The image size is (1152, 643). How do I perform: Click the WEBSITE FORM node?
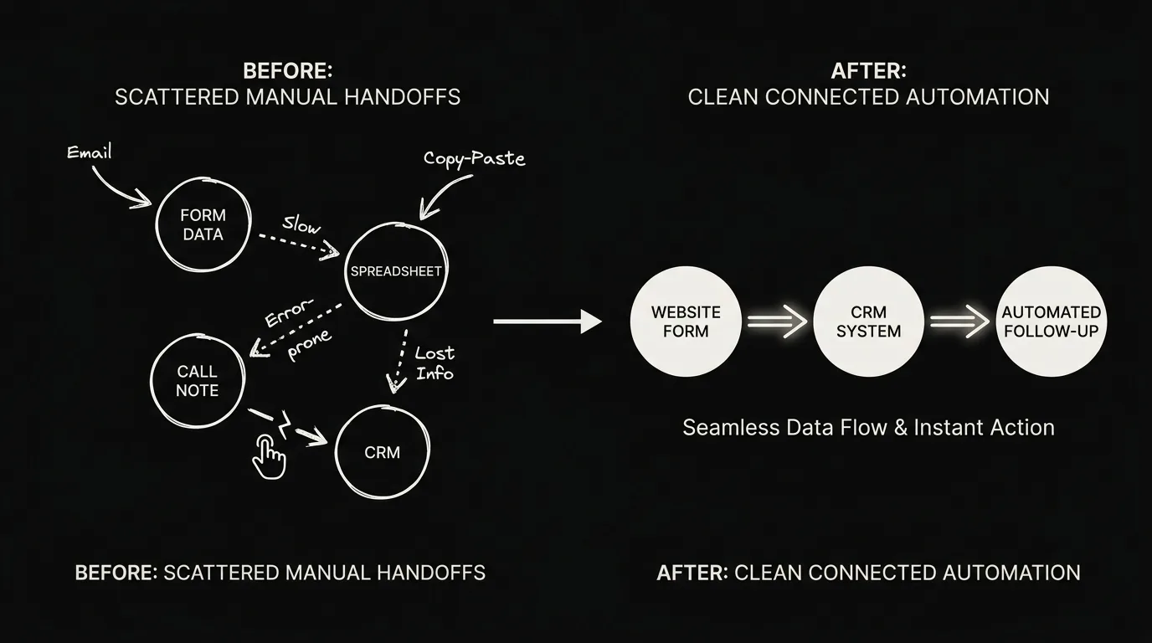(686, 321)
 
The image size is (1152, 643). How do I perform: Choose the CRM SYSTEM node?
(869, 321)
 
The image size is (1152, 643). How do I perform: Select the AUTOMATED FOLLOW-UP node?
(1052, 321)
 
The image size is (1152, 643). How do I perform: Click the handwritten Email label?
(90, 152)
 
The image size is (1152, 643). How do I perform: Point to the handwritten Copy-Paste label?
(474, 158)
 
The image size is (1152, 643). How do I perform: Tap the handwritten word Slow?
(301, 225)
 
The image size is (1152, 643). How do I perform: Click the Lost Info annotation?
(435, 363)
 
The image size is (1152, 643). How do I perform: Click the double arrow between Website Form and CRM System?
(777, 321)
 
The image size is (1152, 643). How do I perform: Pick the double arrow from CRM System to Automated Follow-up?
(959, 321)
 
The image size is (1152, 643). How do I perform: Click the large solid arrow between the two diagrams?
(548, 321)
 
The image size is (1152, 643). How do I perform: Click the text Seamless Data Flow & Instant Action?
(869, 428)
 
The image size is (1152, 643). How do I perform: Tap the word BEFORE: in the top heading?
(287, 71)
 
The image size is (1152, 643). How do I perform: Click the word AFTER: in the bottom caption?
(692, 573)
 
